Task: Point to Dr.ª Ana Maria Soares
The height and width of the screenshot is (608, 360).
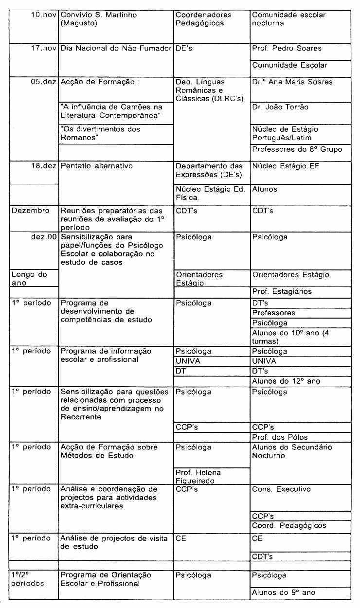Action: click(x=292, y=82)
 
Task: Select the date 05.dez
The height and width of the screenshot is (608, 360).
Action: click(x=43, y=82)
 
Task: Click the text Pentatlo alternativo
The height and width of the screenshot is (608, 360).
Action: click(x=96, y=166)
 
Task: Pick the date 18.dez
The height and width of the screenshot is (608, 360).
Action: click(x=43, y=166)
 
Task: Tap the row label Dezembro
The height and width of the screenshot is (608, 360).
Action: click(x=30, y=211)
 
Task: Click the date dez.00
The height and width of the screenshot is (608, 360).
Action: click(x=43, y=237)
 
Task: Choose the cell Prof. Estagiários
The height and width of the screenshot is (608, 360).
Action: click(x=282, y=292)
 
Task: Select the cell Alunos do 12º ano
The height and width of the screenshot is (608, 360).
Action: click(x=286, y=381)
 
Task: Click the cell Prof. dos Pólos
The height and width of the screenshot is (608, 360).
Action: click(x=280, y=437)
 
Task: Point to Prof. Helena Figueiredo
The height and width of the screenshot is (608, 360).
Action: click(x=198, y=477)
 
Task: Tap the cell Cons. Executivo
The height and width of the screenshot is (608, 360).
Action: click(x=281, y=489)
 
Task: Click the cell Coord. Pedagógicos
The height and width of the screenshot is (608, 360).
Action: click(x=289, y=526)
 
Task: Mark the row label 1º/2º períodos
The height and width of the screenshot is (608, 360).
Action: click(x=28, y=579)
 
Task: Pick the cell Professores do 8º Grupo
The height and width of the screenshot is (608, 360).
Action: click(x=297, y=150)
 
